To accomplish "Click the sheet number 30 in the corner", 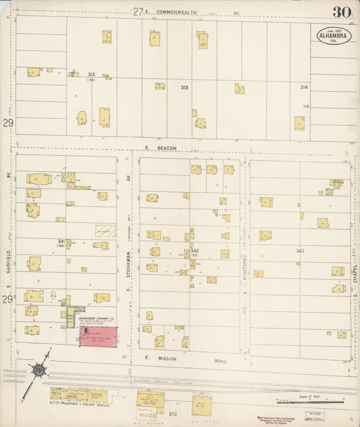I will pyautogui.click(x=340, y=11).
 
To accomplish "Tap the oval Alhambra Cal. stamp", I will pyautogui.click(x=332, y=35).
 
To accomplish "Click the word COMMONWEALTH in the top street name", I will pyautogui.click(x=178, y=12).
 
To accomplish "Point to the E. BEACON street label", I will pyautogui.click(x=160, y=148).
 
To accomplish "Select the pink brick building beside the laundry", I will pyautogui.click(x=99, y=336).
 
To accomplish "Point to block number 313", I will pyautogui.click(x=184, y=87).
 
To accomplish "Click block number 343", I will pyautogui.click(x=300, y=251).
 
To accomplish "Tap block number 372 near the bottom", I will pyautogui.click(x=173, y=413).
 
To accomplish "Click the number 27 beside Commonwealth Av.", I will pyautogui.click(x=138, y=11).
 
